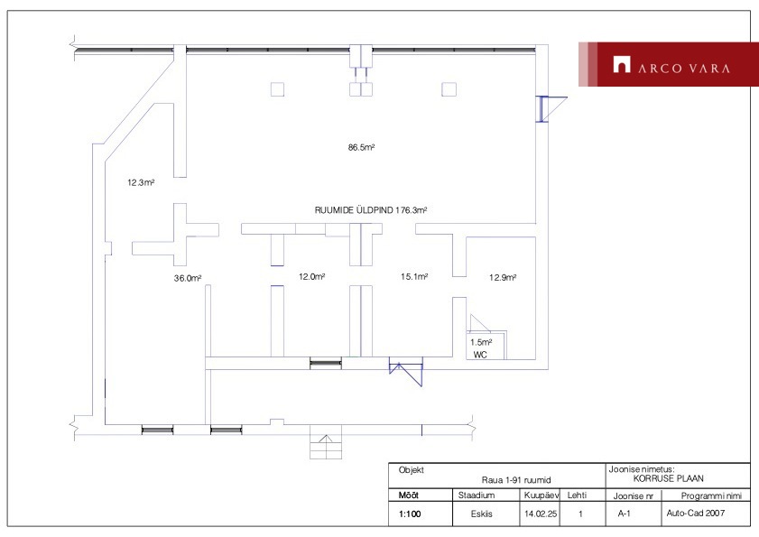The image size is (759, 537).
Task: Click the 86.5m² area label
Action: point(361,147)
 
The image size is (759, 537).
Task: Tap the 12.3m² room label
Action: point(141,182)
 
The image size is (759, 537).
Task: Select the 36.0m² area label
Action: point(188,278)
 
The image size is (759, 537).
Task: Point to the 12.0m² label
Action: point(311,276)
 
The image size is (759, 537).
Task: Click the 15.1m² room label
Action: point(414,276)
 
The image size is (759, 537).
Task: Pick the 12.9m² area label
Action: point(503,277)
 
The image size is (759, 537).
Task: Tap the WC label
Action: point(480,355)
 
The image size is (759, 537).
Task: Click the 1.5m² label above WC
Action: point(481,342)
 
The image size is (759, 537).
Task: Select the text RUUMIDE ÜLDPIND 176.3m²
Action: point(371,210)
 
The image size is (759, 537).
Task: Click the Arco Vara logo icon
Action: point(622,64)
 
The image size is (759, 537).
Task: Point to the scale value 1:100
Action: point(410,514)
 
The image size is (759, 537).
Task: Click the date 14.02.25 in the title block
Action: point(541,514)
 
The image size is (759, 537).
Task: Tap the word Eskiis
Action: point(482,514)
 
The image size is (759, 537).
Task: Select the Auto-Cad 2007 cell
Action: point(696,514)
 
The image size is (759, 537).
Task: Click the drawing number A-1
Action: point(624,514)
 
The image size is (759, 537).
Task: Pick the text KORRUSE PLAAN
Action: point(669,478)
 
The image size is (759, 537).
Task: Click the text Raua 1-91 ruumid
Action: point(516,480)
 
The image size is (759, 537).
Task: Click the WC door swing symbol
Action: point(479,323)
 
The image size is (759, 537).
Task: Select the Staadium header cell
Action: point(477,495)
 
